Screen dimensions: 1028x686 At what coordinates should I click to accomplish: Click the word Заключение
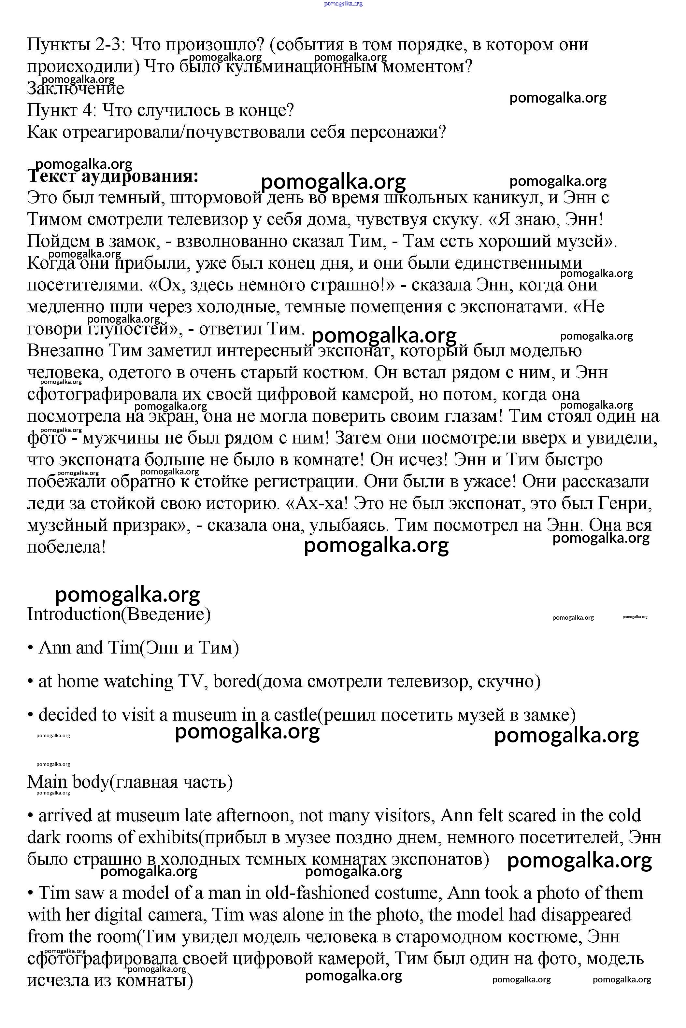pyautogui.click(x=75, y=88)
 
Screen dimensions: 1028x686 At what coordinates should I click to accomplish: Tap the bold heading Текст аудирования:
pyautogui.click(x=113, y=176)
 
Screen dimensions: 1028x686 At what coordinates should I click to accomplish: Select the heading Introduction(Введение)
pyautogui.click(x=119, y=614)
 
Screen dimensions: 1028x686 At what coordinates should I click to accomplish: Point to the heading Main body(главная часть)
pyautogui.click(x=130, y=782)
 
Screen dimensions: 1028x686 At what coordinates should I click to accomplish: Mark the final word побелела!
pyautogui.click(x=66, y=547)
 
